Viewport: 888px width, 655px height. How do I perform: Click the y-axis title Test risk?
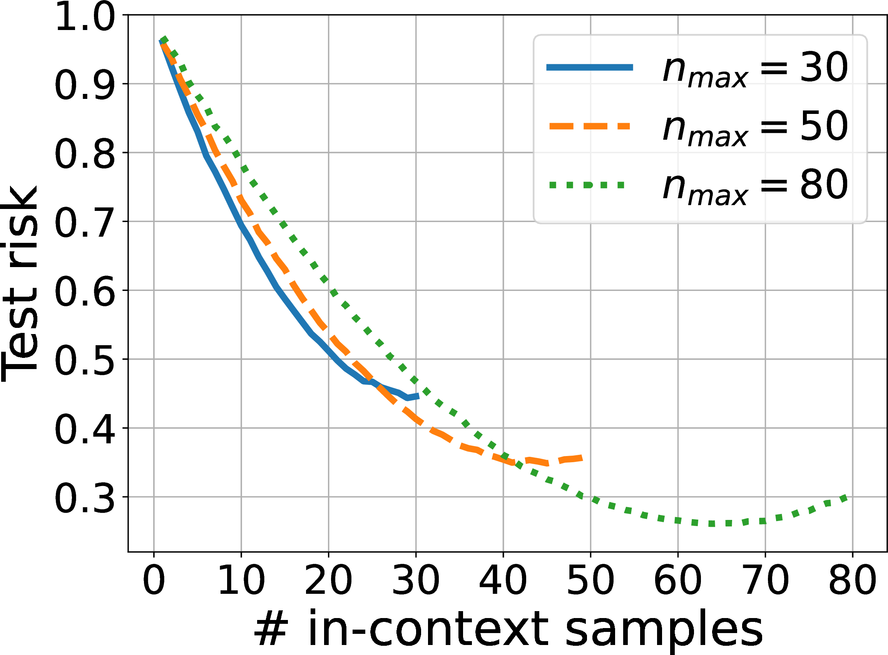click(20, 284)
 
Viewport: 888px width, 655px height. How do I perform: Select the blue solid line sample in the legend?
click(590, 67)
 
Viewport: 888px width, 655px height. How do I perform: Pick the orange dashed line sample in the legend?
click(590, 127)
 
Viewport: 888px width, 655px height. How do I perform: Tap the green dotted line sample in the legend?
click(587, 185)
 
